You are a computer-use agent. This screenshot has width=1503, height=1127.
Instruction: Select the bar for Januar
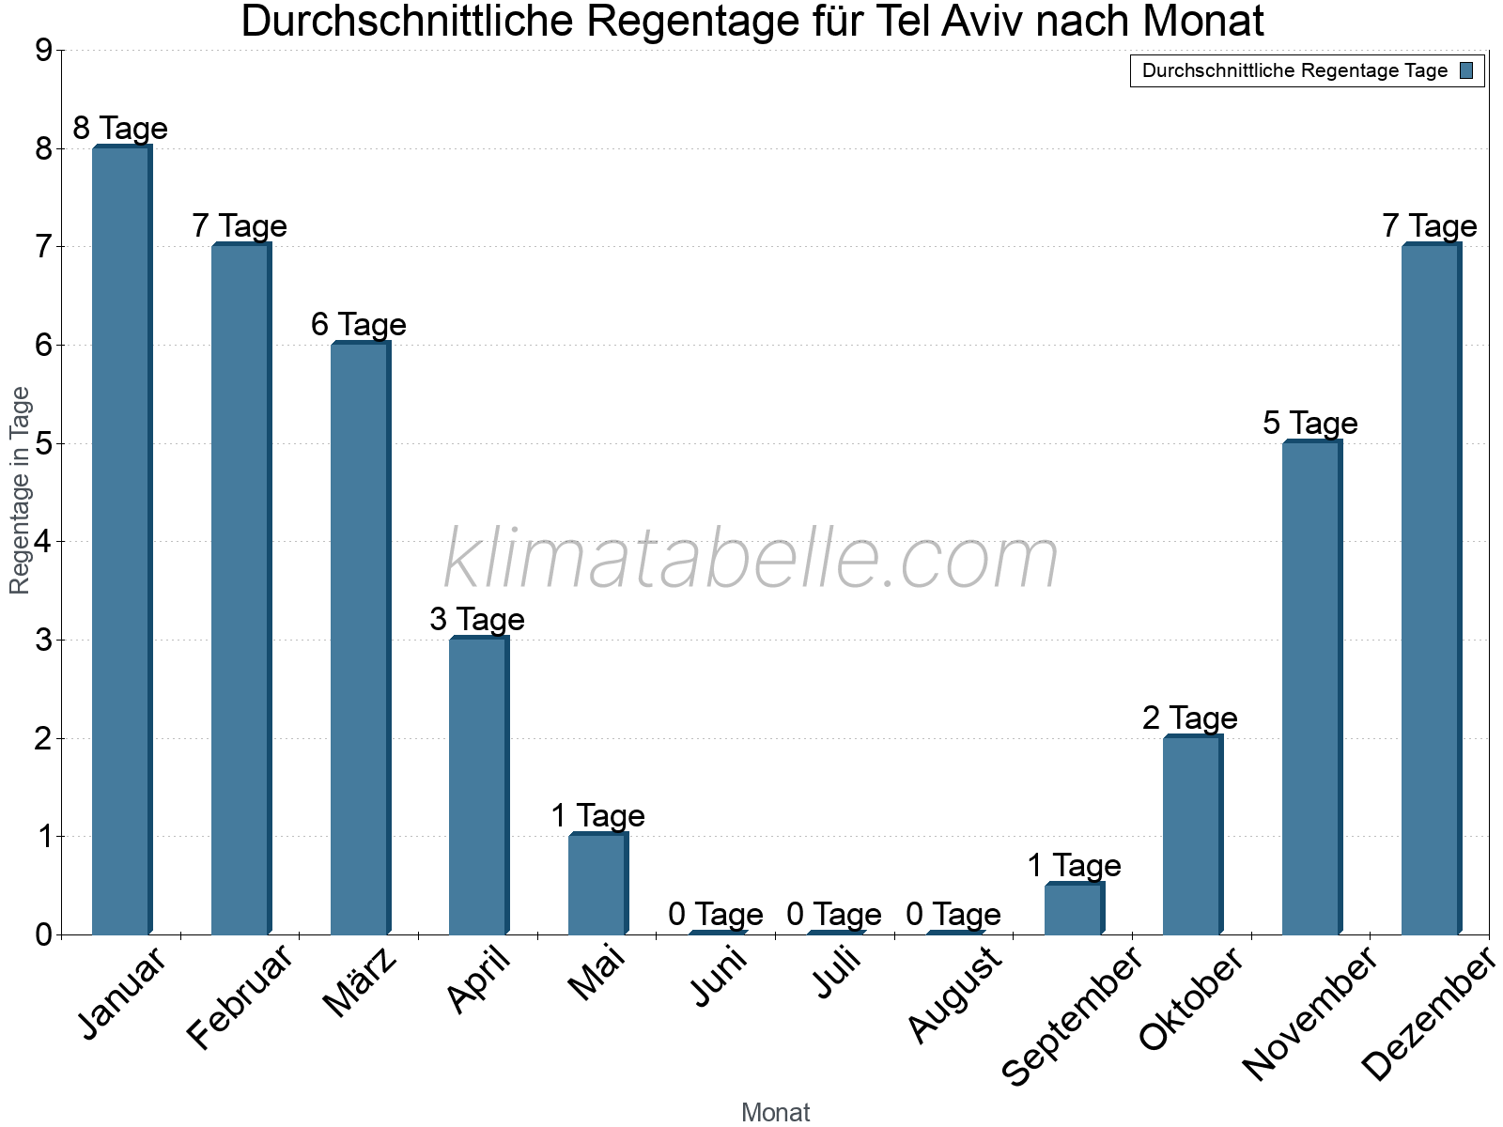(121, 540)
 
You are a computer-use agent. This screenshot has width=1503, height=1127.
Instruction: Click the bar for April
(478, 786)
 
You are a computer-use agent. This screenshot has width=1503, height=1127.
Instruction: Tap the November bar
(1311, 687)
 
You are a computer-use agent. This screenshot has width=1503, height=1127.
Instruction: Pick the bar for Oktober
(1192, 835)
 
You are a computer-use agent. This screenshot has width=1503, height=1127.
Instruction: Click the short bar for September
(1074, 909)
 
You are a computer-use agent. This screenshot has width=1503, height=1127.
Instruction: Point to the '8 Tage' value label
(120, 128)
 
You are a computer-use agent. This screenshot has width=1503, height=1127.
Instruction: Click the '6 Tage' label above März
(359, 325)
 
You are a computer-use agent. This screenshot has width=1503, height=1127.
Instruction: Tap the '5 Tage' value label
(1310, 424)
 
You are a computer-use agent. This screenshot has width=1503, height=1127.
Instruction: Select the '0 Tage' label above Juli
(834, 914)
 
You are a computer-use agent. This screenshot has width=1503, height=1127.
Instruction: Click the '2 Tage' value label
(1190, 718)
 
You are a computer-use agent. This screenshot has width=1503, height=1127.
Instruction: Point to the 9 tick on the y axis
(43, 51)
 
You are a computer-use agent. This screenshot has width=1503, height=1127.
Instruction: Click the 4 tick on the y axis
(43, 542)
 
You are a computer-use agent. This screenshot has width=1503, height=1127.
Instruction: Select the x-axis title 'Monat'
(775, 1113)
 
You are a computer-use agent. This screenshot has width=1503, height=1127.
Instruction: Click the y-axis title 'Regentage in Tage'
(20, 490)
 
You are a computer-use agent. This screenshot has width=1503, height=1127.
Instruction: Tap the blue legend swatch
(1466, 70)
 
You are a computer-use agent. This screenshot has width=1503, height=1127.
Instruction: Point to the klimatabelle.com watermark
(751, 560)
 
